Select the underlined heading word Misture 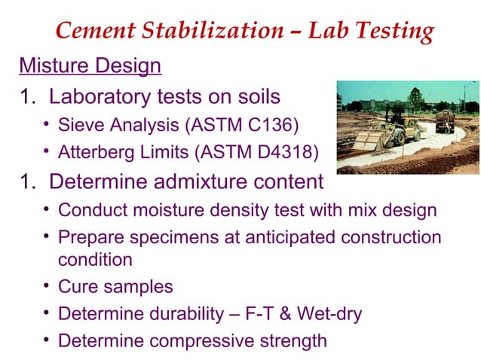(57, 66)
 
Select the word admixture (209, 182)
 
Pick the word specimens (167, 237)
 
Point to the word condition (95, 260)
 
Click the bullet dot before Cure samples (46, 286)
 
